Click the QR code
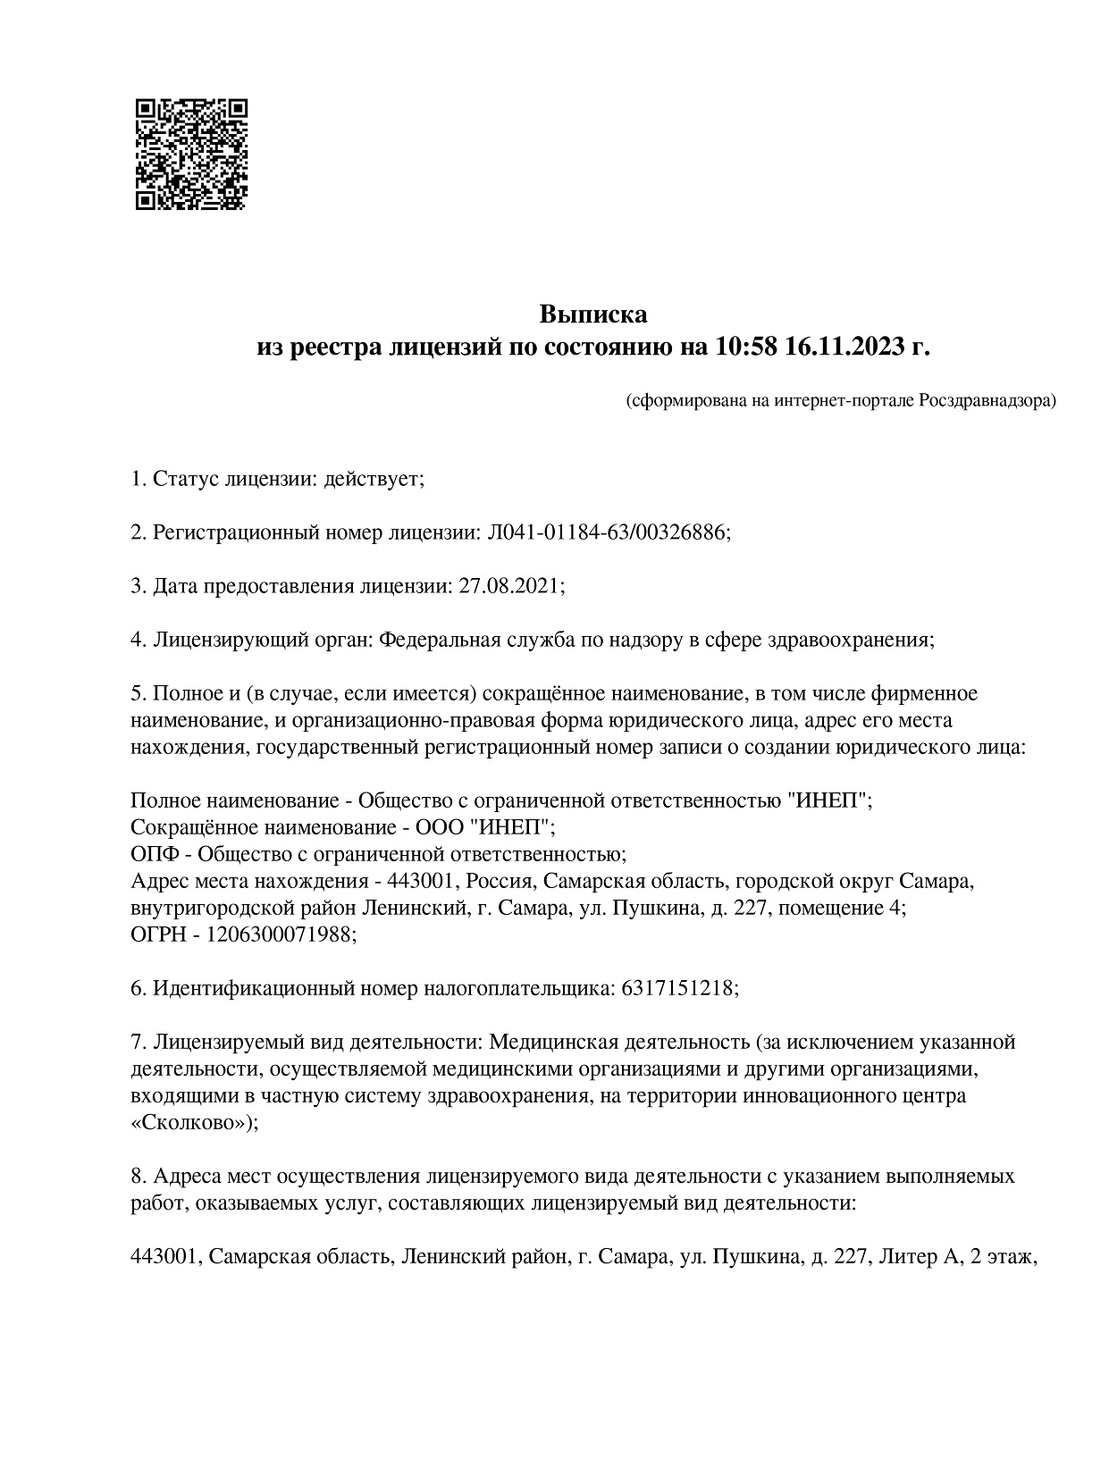pos(190,154)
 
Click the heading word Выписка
pos(592,314)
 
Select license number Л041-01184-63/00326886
pos(608,532)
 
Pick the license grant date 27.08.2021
pos(509,586)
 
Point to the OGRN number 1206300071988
pos(280,934)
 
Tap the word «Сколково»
pos(191,1123)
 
